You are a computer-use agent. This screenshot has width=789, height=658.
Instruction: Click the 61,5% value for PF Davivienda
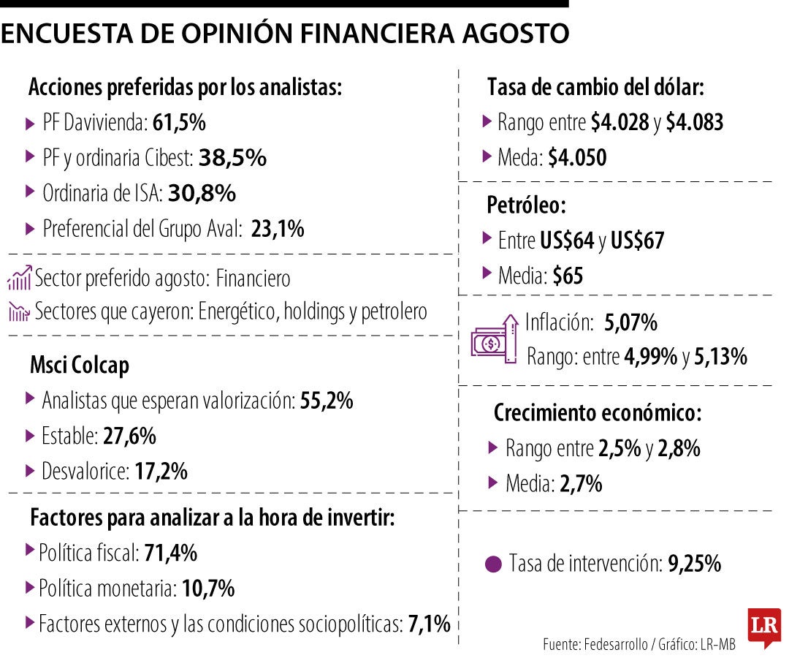pyautogui.click(x=179, y=123)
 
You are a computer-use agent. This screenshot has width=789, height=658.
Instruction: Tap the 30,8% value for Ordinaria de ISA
pyautogui.click(x=202, y=193)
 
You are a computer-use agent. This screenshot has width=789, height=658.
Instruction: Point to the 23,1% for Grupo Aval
pyautogui.click(x=277, y=229)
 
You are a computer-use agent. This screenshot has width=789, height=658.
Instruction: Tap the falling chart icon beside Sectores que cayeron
pyautogui.click(x=19, y=312)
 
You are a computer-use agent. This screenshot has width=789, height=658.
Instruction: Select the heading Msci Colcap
pyautogui.click(x=80, y=365)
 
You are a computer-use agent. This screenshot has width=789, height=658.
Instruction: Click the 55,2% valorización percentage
pyautogui.click(x=327, y=401)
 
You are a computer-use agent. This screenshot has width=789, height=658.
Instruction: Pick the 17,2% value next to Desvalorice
pyautogui.click(x=161, y=472)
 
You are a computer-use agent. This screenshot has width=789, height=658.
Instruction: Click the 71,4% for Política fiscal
pyautogui.click(x=170, y=553)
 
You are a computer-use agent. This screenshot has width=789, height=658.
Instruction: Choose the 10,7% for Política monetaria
pyautogui.click(x=207, y=589)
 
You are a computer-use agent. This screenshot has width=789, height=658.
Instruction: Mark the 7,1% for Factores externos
pyautogui.click(x=429, y=624)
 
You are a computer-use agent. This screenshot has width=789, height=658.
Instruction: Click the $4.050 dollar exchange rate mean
pyautogui.click(x=577, y=157)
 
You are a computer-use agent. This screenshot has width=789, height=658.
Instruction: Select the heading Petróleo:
pyautogui.click(x=526, y=205)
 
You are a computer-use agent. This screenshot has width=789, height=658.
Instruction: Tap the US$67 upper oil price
pyautogui.click(x=637, y=241)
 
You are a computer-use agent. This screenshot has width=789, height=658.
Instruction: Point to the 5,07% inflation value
pyautogui.click(x=631, y=322)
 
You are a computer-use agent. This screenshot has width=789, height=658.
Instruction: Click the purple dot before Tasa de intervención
pyautogui.click(x=494, y=564)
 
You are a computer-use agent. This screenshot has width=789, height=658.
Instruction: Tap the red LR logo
pyautogui.click(x=763, y=627)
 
